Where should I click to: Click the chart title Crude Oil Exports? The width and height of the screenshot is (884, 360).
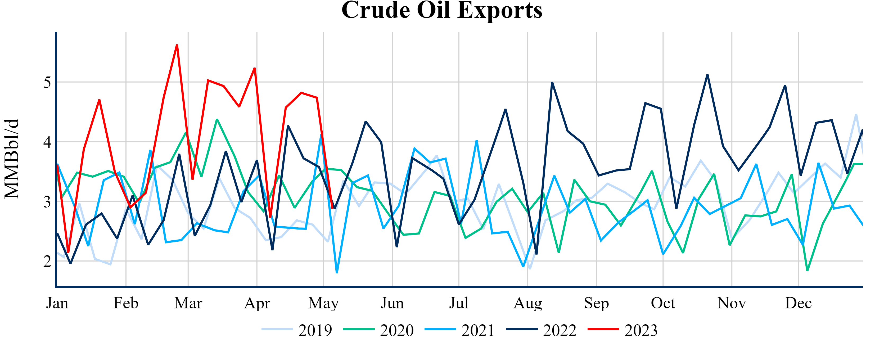(x=442, y=10)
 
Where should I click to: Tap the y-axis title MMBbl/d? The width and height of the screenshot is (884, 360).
(x=12, y=159)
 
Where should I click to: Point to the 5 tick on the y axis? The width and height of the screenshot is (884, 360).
(x=47, y=82)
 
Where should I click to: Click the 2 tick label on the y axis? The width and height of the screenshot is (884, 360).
(x=47, y=261)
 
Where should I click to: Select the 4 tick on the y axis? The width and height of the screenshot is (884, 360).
(x=47, y=142)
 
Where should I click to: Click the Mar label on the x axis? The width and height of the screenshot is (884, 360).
(x=188, y=303)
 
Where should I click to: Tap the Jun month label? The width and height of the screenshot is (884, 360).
(x=392, y=303)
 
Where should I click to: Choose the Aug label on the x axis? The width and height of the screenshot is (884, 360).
(x=527, y=303)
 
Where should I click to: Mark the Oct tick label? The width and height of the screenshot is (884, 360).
(x=663, y=303)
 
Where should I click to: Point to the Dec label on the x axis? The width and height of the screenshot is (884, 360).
(x=798, y=303)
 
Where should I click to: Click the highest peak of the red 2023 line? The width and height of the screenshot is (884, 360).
(x=177, y=45)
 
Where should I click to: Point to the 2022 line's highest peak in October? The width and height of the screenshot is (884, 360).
(x=707, y=75)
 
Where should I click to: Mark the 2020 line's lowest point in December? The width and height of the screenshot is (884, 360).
(x=807, y=271)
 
